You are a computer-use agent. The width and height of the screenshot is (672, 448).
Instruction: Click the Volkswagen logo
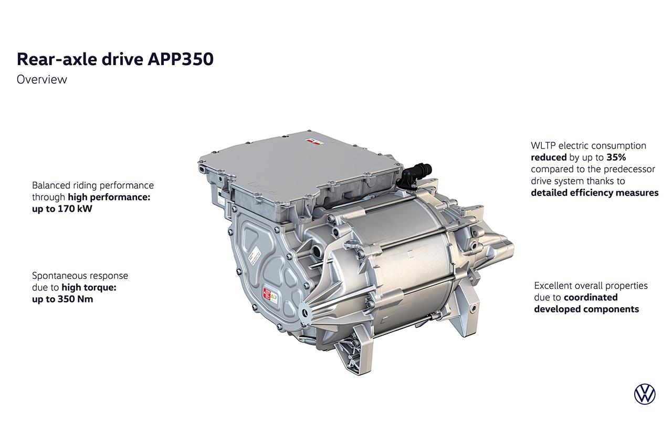644,394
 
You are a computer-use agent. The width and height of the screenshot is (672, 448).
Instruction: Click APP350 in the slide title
181,59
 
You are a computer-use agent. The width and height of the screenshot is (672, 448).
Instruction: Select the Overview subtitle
41,79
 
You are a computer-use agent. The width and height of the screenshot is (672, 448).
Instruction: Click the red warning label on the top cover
312,141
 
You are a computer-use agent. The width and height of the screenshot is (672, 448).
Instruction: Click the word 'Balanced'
49,185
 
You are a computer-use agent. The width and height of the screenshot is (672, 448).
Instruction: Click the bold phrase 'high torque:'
89,287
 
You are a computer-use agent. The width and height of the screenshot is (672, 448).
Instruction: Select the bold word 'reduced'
549,157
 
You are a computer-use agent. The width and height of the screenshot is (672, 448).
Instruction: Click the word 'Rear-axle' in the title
57,59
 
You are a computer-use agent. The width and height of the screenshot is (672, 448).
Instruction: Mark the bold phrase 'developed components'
586,309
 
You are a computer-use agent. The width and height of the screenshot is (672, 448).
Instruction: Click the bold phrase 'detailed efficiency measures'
595,193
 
